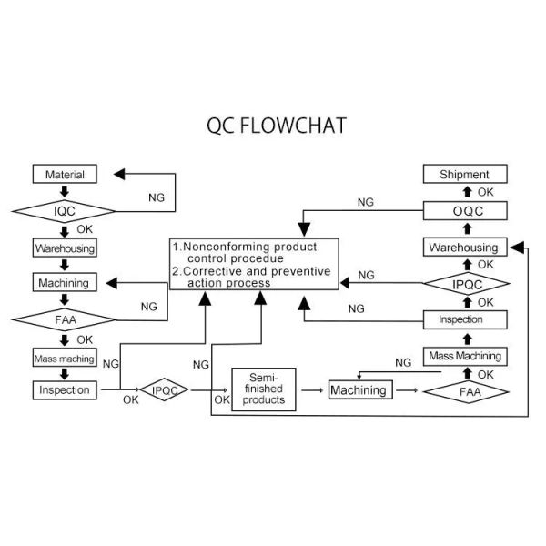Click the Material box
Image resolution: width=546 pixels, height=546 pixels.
tap(65, 174)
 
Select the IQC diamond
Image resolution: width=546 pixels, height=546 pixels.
tap(65, 210)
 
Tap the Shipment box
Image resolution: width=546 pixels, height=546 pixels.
tap(464, 174)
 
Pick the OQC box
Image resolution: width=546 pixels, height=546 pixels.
tap(464, 211)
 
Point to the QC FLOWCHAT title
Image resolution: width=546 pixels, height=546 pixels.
tap(277, 126)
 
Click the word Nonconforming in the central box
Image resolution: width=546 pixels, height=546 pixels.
tap(227, 248)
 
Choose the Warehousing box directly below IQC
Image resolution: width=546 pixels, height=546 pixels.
tap(65, 248)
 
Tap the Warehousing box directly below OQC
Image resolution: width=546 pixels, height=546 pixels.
tap(464, 248)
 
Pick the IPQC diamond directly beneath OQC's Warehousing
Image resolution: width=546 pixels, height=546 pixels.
tap(464, 284)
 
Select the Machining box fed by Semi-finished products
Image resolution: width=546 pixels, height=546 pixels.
tap(358, 390)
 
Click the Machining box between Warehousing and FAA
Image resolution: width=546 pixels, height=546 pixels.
tap(65, 283)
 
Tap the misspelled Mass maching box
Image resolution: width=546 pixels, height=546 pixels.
tap(65, 358)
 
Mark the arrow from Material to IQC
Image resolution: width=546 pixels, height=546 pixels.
tap(65, 191)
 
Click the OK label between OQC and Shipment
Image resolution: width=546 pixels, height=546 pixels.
tap(485, 192)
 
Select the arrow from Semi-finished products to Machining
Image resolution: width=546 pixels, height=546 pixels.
tap(313, 390)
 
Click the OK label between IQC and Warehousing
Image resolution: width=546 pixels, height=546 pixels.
tap(85, 228)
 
